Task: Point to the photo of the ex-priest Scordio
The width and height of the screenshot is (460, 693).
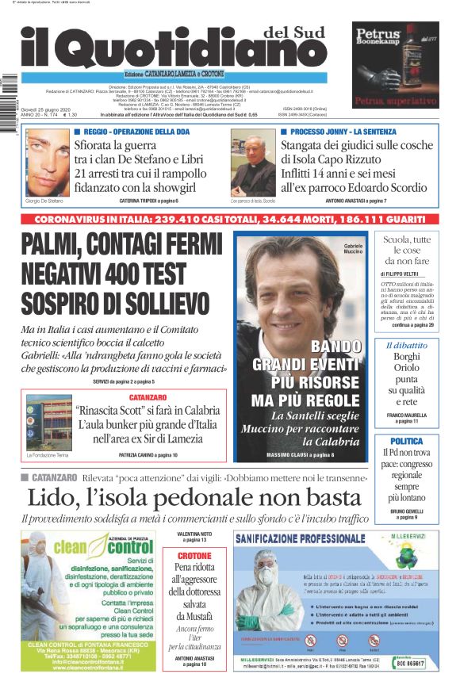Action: coord(253,163)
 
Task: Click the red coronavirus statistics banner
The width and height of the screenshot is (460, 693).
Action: coord(230,217)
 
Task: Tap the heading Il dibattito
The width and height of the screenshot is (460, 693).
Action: coord(406,346)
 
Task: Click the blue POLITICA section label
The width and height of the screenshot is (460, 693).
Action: coord(406,441)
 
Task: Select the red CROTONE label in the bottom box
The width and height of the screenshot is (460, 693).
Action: coord(194,556)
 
